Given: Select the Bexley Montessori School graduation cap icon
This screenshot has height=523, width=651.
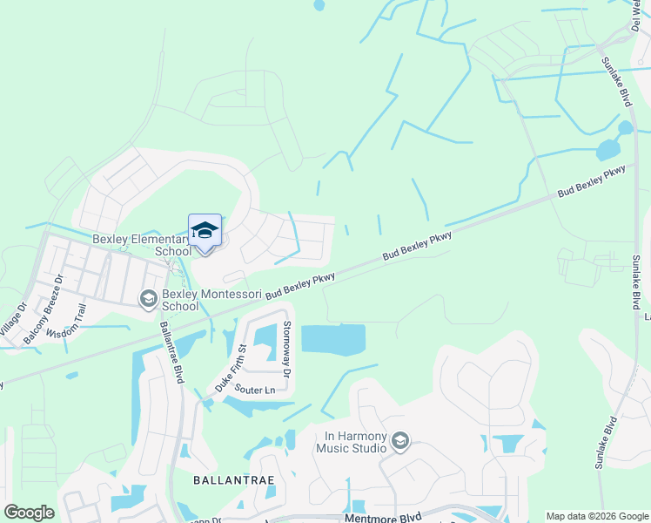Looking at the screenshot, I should click(x=149, y=299).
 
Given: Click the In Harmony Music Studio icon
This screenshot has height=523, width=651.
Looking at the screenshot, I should click(x=399, y=442).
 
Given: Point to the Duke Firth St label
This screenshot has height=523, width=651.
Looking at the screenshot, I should click(x=232, y=367).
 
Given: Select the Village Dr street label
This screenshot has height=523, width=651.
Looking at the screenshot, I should click(x=12, y=320).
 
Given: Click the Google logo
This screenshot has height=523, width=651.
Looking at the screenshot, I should click(x=28, y=513).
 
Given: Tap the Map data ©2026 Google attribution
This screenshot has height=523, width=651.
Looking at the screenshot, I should click(x=597, y=516).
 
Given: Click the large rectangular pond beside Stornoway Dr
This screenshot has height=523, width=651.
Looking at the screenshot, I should click(x=333, y=340).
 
